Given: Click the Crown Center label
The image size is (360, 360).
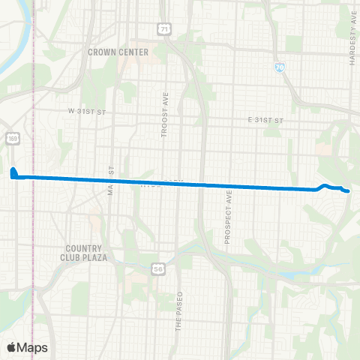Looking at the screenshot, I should tap(118, 52).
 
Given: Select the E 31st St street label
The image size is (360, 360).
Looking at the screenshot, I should tap(267, 119).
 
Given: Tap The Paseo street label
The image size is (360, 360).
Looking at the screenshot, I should tap(179, 310).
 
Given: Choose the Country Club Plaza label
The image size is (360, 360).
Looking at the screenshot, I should tap(86, 253).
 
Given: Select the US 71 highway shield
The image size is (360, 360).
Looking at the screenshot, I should tap(163, 28).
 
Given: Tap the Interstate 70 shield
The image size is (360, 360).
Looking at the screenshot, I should tap(279, 67).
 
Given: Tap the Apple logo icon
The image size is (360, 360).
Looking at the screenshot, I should tap(13, 347).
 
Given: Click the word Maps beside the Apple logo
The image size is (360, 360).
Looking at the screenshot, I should tap(32, 347).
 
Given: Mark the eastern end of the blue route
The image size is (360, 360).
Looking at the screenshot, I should tap(349, 192).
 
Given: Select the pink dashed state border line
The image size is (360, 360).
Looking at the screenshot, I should tap(33, 225).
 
